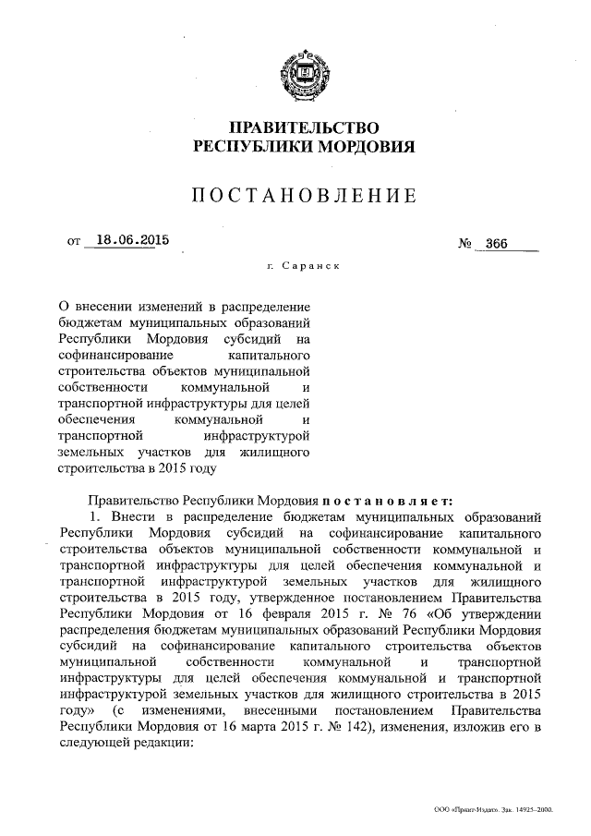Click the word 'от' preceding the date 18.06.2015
75,243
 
